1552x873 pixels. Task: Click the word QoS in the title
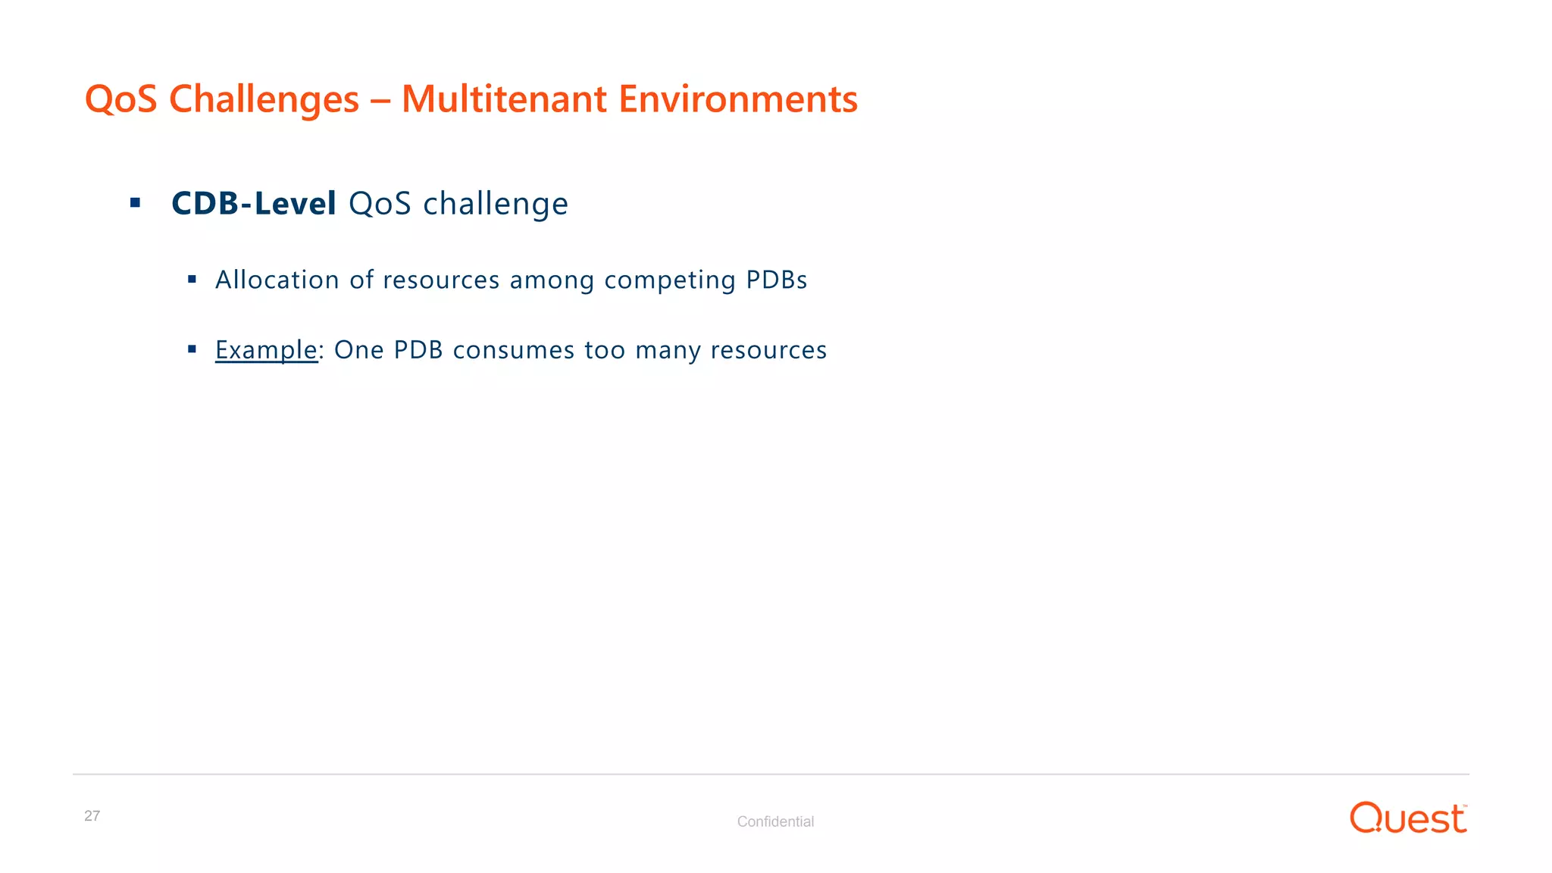tap(120, 99)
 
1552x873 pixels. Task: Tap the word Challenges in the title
tap(264, 99)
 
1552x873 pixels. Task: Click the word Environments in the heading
tap(738, 99)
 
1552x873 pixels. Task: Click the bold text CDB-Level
tap(253, 203)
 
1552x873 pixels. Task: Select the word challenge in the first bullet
tap(495, 204)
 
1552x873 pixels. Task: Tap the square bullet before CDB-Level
tap(136, 202)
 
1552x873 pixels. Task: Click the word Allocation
tap(277, 280)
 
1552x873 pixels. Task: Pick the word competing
tap(670, 280)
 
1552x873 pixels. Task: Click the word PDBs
tap(777, 280)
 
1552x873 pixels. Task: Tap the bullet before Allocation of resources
tap(192, 280)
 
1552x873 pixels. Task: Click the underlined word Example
tap(266, 350)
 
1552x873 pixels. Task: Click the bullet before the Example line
tap(192, 349)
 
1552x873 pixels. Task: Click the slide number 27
tap(92, 815)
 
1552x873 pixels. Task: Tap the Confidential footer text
tap(775, 821)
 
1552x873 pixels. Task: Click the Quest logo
tap(1408, 818)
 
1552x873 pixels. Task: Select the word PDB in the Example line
tap(418, 350)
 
